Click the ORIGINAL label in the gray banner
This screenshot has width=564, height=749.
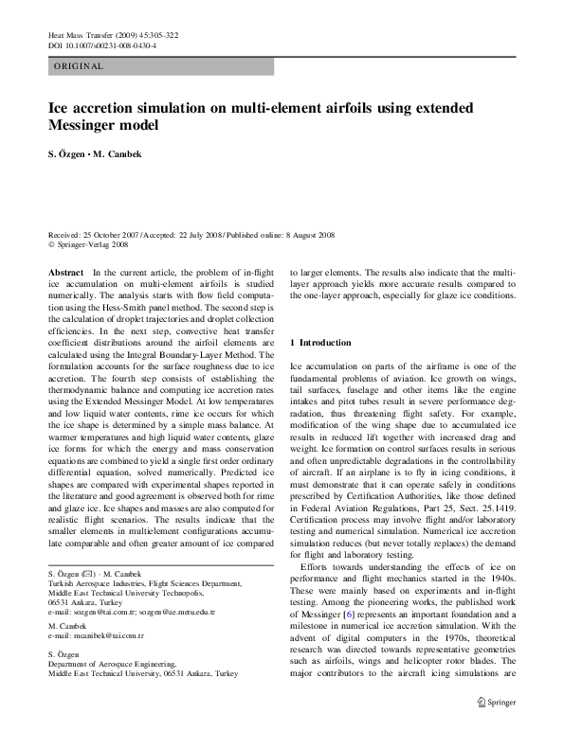point(78,66)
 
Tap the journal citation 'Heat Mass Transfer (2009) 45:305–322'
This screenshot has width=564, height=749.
point(113,35)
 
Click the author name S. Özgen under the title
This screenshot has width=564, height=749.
point(69,157)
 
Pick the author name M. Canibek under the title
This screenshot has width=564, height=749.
point(117,157)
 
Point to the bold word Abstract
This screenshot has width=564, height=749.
point(65,272)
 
